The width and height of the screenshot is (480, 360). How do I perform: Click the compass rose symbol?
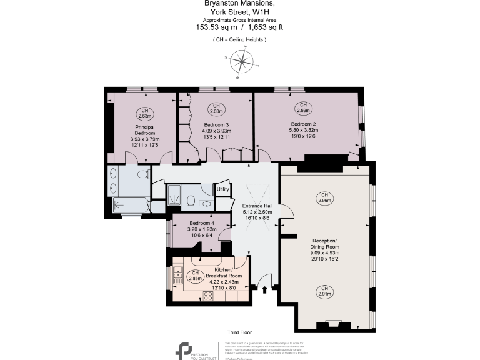[x=239, y=62]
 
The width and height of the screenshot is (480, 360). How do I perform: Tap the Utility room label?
[x=223, y=189]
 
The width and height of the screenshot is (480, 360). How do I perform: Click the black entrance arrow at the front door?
[x=266, y=289]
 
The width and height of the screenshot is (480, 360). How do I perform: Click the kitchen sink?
[x=177, y=272]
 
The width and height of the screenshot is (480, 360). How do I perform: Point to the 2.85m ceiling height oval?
[x=196, y=276]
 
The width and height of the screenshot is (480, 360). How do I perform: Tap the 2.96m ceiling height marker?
[x=324, y=197]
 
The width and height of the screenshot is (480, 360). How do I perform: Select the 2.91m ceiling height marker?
[x=324, y=290]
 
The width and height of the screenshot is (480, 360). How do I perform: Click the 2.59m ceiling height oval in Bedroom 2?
[x=303, y=107]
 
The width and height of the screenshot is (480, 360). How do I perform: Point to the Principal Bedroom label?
[x=145, y=129]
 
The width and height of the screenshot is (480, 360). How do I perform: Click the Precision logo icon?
[x=184, y=349]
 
